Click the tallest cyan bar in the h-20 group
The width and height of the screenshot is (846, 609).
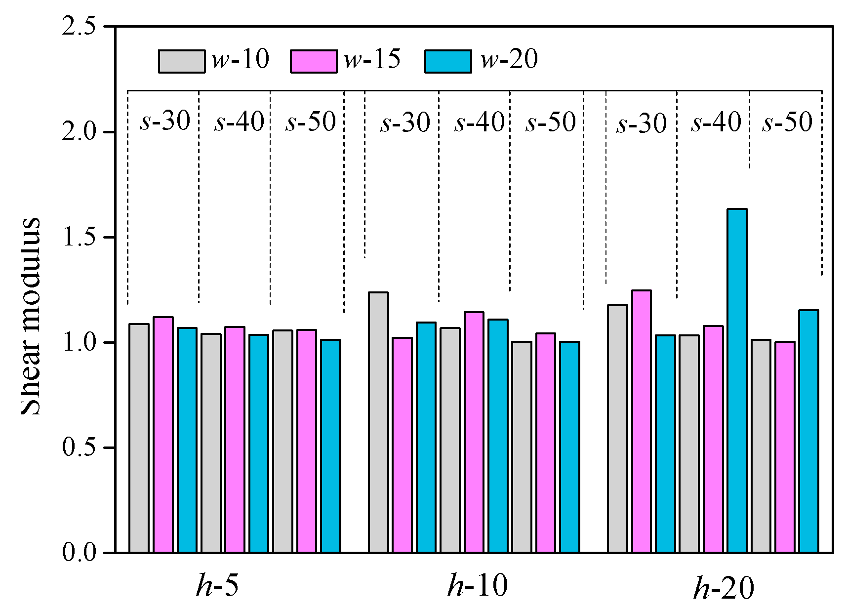tap(737, 380)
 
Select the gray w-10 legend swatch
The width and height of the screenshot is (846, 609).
tap(181, 61)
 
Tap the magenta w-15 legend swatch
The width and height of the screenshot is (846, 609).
tap(314, 61)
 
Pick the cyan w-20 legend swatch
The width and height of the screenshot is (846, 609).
tap(448, 61)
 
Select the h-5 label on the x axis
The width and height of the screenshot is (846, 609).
tap(217, 586)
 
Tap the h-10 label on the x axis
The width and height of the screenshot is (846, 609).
tap(477, 586)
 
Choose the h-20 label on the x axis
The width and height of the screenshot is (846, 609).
tap(724, 588)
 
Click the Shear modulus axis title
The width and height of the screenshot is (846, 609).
tap(31, 316)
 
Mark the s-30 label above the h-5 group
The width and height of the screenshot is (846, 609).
tap(164, 121)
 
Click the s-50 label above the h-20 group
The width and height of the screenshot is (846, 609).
tap(787, 122)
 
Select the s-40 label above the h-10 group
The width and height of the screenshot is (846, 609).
tap(479, 122)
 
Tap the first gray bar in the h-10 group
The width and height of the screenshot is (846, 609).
tap(378, 422)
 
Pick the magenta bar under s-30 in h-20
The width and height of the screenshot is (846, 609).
tap(641, 421)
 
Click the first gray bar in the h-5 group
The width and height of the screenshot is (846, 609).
tap(139, 438)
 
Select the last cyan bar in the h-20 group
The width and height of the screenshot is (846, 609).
tap(808, 431)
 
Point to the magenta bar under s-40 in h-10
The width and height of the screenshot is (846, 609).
tap(474, 432)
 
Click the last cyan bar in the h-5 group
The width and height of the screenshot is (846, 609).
tap(330, 446)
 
